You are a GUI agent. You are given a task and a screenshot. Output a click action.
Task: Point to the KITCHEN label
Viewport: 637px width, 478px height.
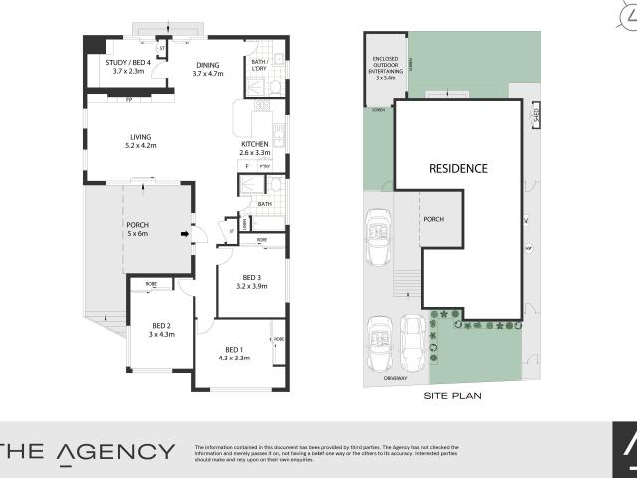[255, 144]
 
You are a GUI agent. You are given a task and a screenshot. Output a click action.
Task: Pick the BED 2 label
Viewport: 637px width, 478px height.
[162, 326]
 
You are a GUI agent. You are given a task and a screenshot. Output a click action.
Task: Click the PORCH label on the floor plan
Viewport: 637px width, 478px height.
[137, 225]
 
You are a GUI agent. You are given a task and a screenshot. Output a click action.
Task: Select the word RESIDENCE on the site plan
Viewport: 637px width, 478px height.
[458, 168]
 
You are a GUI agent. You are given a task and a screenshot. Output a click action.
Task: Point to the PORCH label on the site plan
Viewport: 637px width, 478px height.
[433, 220]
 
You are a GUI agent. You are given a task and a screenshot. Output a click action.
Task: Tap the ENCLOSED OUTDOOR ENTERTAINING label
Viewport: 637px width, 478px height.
[384, 66]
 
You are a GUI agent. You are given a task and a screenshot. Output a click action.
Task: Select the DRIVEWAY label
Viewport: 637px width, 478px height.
[397, 379]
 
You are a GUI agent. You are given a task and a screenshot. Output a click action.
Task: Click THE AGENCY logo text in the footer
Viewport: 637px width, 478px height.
[88, 451]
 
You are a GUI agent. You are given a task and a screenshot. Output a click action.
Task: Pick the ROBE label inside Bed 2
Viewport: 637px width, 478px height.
[151, 284]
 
